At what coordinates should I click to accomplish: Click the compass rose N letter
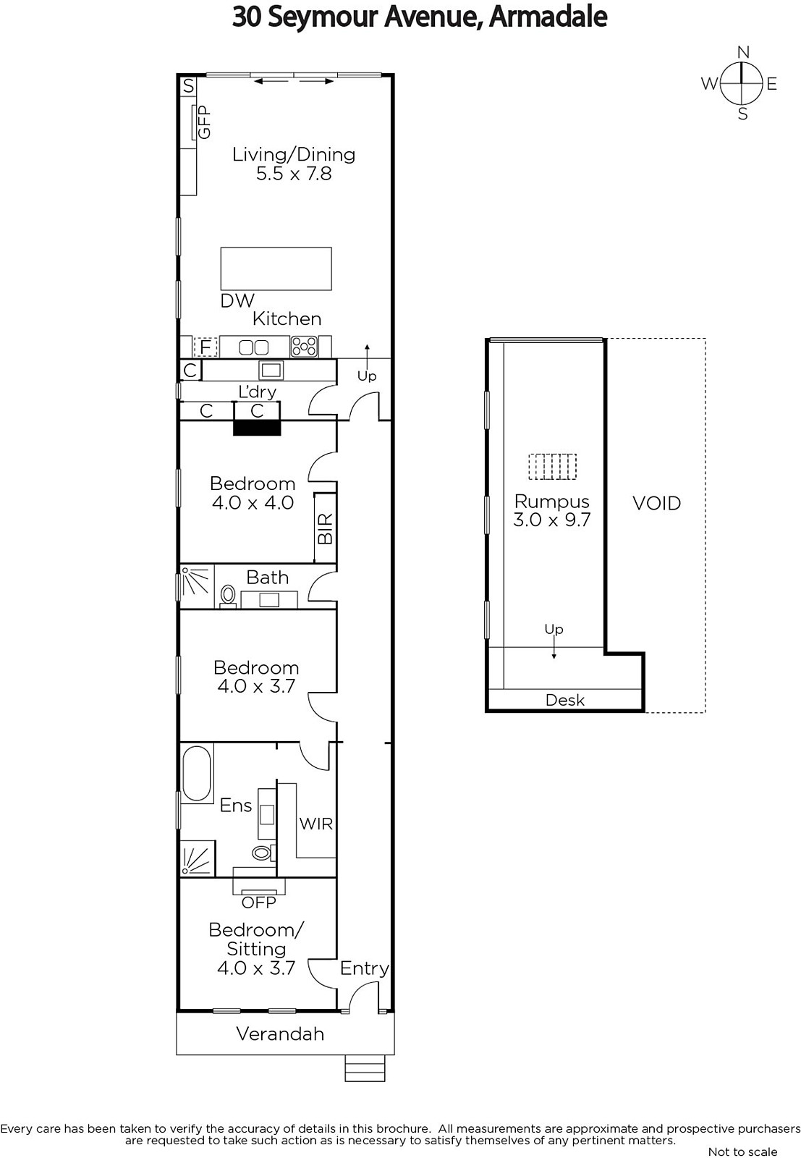click(742, 52)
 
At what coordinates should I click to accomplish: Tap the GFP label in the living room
click(205, 122)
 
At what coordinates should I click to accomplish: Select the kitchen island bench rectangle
click(276, 269)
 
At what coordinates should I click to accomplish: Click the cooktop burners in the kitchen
click(304, 347)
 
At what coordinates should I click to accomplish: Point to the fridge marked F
click(205, 347)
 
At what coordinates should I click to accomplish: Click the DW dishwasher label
click(237, 301)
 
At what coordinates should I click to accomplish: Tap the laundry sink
click(271, 370)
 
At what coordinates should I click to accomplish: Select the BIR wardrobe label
click(326, 528)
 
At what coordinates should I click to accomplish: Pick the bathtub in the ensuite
click(196, 774)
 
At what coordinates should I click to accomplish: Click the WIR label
click(315, 824)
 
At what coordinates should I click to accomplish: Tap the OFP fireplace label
click(258, 903)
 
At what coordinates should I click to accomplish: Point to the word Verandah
click(280, 1034)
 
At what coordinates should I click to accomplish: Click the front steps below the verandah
click(365, 1068)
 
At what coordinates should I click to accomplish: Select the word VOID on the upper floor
click(656, 503)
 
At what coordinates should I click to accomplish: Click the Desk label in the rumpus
click(565, 700)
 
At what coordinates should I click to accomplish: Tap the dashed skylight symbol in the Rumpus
click(552, 466)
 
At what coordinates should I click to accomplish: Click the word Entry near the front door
click(364, 968)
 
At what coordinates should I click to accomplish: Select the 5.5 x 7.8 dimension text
click(294, 174)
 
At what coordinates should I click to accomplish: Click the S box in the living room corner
click(189, 86)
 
